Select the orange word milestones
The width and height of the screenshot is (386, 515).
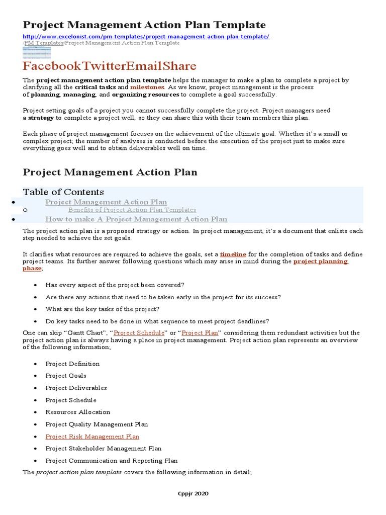tap(147, 88)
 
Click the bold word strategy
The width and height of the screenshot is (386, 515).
tap(41, 118)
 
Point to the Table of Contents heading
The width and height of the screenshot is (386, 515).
tap(63, 192)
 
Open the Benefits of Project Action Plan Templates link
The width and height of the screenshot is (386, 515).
tap(132, 210)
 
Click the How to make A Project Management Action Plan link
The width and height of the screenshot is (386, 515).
tap(136, 219)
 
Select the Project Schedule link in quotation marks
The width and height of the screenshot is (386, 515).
tap(139, 333)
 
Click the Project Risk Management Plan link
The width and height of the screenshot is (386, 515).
tap(92, 437)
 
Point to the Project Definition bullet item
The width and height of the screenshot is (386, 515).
tap(72, 364)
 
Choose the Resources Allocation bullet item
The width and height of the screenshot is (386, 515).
tap(77, 412)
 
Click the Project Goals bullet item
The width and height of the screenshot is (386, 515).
tap(66, 376)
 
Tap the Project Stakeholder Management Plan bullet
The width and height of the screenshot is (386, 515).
tap(103, 449)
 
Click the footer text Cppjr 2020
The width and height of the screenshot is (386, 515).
tap(193, 493)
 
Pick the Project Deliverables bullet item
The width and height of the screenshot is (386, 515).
tap(76, 388)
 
